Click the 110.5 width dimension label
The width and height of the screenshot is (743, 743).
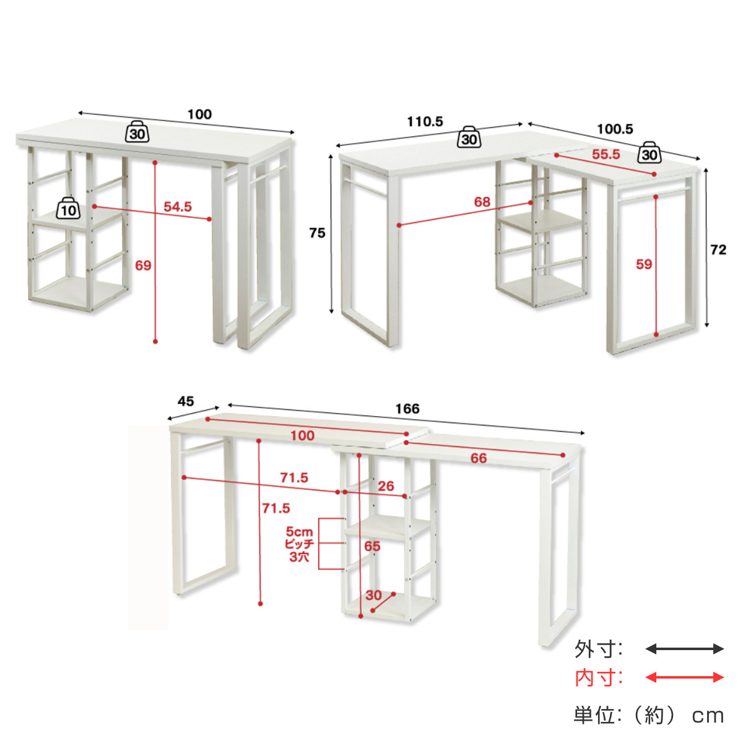pyautogui.click(x=425, y=122)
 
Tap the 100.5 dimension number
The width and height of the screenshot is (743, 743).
pyautogui.click(x=615, y=129)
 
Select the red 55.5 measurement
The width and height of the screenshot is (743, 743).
pyautogui.click(x=606, y=154)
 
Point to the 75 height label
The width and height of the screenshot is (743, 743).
pyautogui.click(x=317, y=233)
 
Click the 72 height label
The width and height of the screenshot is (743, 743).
pyautogui.click(x=718, y=250)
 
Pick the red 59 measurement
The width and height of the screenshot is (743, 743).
pyautogui.click(x=644, y=264)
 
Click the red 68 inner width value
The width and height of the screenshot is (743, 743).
pyautogui.click(x=482, y=202)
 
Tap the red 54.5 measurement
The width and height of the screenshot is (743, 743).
pyautogui.click(x=178, y=207)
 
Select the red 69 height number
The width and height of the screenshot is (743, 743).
pyautogui.click(x=143, y=265)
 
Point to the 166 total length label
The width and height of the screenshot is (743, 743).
pyautogui.click(x=407, y=409)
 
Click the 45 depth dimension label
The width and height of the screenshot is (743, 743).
pyautogui.click(x=186, y=401)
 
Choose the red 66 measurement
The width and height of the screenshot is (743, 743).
pyautogui.click(x=479, y=458)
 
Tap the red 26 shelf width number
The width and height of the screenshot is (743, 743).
pyautogui.click(x=386, y=486)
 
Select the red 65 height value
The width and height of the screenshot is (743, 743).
pyautogui.click(x=372, y=546)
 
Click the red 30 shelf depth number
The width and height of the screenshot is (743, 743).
pyautogui.click(x=373, y=595)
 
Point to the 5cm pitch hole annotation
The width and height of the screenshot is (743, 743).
pyautogui.click(x=300, y=544)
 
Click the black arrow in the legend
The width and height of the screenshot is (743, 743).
pyautogui.click(x=685, y=649)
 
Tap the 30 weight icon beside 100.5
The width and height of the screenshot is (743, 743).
pyautogui.click(x=650, y=152)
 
